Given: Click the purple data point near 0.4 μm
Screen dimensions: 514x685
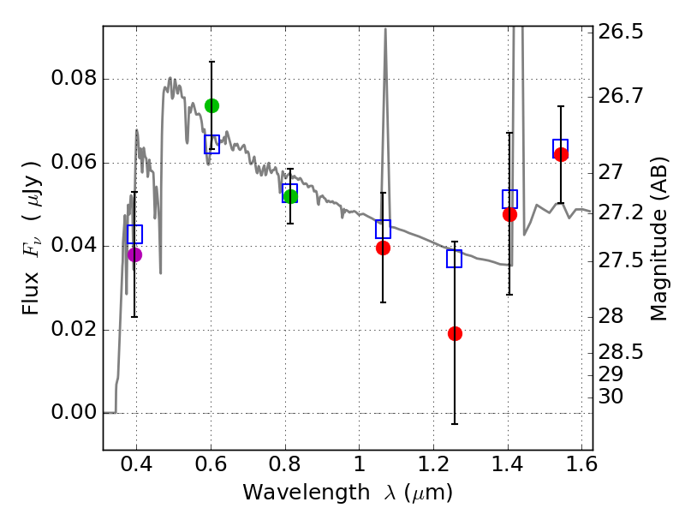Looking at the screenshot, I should pos(134,254).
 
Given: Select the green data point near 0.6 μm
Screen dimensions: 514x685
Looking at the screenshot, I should pos(211,105).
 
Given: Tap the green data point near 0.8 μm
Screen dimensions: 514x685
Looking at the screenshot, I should pos(290,196).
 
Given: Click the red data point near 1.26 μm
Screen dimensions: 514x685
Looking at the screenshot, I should pos(455,333).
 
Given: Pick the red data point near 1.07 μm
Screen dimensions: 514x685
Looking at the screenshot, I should pos(383,248).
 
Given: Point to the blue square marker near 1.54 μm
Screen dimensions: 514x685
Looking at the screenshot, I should pos(561,147).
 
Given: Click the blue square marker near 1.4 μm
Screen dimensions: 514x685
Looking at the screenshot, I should pos(509,199).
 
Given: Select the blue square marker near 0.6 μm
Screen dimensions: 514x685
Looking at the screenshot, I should pos(211,145).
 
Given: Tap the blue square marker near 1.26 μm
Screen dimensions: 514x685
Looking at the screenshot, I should pos(455,259).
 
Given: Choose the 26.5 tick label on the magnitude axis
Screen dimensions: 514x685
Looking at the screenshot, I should pos(621,33).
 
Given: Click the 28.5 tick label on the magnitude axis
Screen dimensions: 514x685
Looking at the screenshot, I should pos(621,352).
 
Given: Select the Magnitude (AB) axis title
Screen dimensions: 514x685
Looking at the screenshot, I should pos(658,238).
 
